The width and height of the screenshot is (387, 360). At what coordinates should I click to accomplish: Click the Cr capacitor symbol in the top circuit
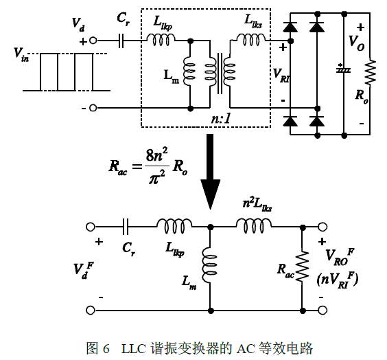(121, 41)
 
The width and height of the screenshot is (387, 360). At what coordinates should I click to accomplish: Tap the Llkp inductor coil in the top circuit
(161, 40)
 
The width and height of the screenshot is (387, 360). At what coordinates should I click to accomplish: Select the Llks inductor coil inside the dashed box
(251, 40)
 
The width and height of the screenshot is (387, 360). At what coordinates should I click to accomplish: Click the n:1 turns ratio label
(221, 119)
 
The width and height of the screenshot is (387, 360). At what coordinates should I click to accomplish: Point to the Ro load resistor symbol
(371, 72)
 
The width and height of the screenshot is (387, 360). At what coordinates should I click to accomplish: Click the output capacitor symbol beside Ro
(343, 69)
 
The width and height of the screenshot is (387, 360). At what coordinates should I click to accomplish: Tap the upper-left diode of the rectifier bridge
(290, 27)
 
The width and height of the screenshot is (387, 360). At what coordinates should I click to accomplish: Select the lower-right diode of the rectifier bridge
(317, 121)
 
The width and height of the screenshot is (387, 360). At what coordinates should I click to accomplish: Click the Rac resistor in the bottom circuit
(303, 267)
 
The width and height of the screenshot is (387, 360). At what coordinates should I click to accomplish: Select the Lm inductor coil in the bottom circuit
(209, 265)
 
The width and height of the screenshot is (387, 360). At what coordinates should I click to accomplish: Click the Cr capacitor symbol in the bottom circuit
(126, 227)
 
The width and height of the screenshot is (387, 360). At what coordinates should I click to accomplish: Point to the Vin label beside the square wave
(21, 54)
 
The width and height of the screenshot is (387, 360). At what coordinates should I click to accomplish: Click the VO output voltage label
(356, 43)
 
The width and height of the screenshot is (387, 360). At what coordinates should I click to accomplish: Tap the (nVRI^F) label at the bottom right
(337, 280)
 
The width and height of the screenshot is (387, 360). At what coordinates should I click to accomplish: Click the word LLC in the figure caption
(133, 348)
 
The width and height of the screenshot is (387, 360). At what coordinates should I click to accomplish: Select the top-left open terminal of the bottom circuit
(91, 227)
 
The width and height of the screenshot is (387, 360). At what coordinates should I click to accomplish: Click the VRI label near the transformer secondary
(281, 76)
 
